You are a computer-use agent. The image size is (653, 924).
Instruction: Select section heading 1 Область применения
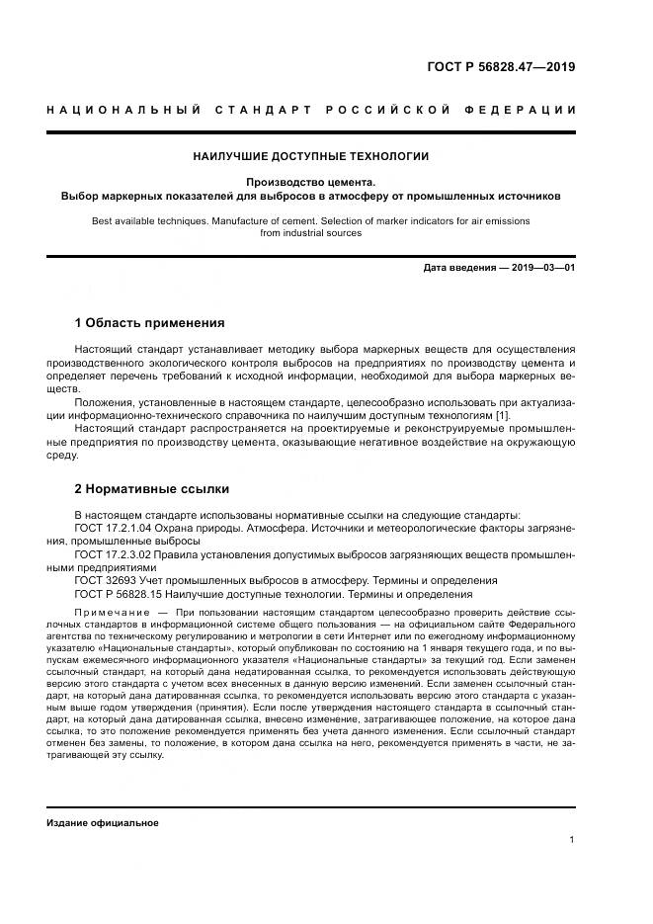[x=149, y=322]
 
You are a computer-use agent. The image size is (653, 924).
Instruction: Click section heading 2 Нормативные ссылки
[x=151, y=488]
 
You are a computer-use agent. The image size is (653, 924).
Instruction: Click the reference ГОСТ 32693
[x=106, y=581]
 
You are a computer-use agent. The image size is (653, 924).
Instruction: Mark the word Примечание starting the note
[x=108, y=613]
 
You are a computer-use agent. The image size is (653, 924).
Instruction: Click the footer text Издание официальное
[x=102, y=822]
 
